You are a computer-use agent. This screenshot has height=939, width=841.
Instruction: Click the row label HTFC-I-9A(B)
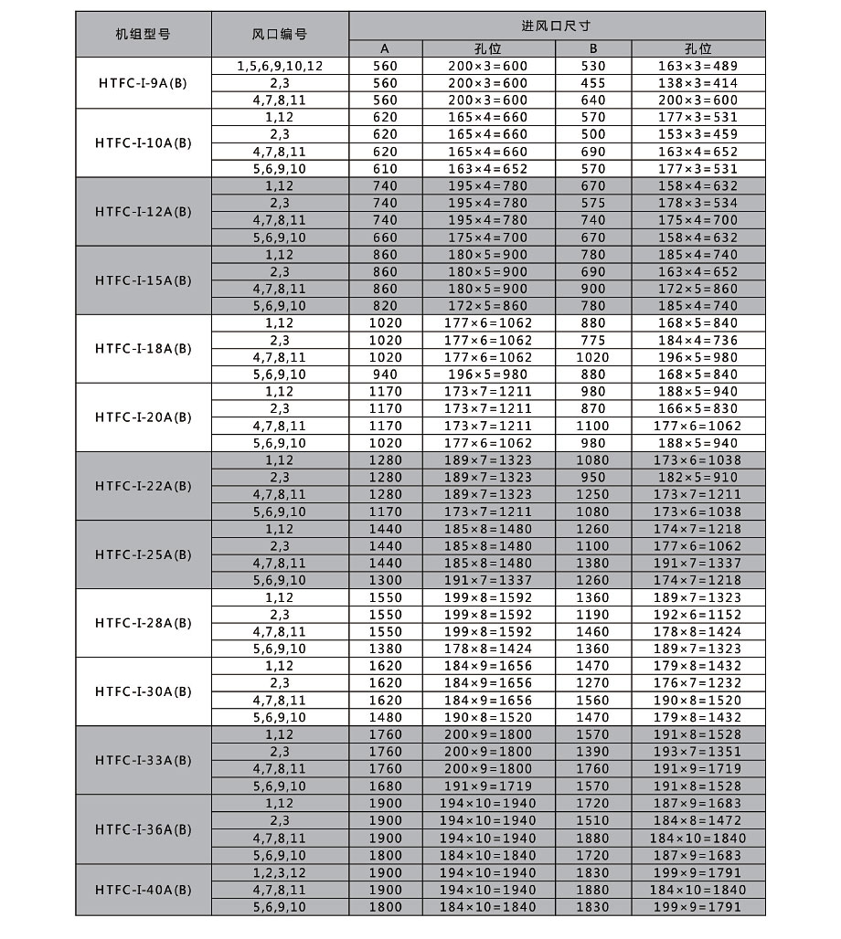(144, 83)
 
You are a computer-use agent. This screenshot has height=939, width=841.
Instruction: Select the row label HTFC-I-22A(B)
(144, 486)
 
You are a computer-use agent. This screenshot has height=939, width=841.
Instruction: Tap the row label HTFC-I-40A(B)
(144, 890)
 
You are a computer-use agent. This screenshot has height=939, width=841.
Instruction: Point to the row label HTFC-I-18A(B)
(144, 349)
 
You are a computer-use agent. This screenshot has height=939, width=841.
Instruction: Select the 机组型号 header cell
(143, 35)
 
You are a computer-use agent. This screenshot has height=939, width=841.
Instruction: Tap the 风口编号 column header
(279, 35)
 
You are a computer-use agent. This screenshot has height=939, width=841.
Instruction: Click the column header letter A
(385, 48)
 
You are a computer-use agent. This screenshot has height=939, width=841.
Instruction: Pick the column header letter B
(592, 48)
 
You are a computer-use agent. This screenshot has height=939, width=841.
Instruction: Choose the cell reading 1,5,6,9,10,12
(279, 66)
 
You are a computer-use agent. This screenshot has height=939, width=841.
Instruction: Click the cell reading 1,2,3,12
(279, 872)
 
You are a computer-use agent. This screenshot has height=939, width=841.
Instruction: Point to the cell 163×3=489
(697, 66)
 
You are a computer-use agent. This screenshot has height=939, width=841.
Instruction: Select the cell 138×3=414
(697, 83)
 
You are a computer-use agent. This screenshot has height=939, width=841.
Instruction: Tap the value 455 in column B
(592, 83)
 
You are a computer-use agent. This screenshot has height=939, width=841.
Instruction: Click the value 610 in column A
(385, 169)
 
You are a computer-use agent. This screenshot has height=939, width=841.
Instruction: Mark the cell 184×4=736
(697, 341)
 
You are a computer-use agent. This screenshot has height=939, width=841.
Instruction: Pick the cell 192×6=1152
(697, 615)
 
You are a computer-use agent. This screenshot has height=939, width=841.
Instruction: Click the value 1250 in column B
(592, 494)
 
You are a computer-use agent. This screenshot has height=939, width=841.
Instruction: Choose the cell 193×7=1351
(697, 752)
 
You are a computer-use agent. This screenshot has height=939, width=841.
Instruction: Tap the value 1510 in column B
(592, 821)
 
